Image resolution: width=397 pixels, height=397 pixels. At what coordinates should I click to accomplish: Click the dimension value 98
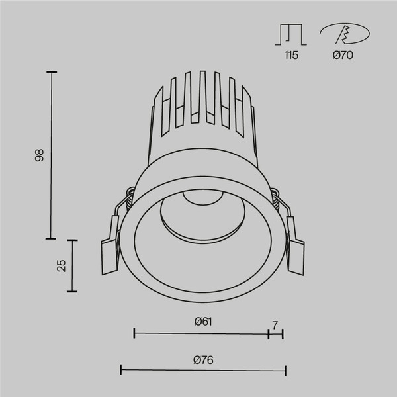point(39,156)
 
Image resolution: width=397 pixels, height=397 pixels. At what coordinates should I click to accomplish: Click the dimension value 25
point(61,265)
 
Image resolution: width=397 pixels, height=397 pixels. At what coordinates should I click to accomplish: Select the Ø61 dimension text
point(202,322)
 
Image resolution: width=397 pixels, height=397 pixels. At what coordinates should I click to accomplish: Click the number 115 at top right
point(291,56)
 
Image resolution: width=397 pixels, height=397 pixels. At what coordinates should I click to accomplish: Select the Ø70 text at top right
point(343,56)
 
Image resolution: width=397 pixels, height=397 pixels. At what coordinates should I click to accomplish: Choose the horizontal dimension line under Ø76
point(202,371)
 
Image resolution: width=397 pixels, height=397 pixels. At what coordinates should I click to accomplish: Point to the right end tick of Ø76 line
point(285,371)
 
